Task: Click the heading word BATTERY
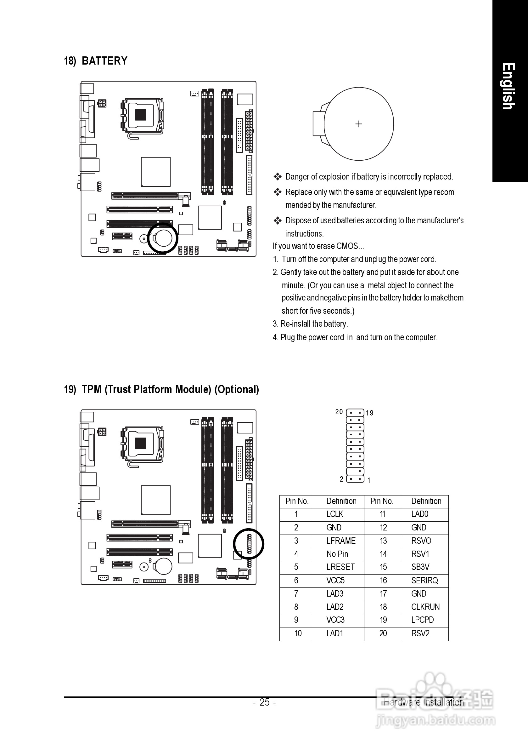[104, 61]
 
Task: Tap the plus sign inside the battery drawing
[359, 124]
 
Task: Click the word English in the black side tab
[508, 87]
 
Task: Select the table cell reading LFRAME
[341, 541]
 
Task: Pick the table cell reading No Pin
[337, 554]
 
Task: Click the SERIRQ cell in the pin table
[424, 581]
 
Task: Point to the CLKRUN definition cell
[425, 607]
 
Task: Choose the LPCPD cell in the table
[422, 620]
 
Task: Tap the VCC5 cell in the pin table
[335, 581]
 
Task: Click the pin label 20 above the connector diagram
[339, 412]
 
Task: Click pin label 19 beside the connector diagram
[369, 413]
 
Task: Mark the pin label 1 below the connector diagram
[369, 480]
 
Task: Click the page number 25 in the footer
[264, 702]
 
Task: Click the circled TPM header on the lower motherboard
[249, 544]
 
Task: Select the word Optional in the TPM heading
[237, 390]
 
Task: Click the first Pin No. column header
[297, 501]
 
